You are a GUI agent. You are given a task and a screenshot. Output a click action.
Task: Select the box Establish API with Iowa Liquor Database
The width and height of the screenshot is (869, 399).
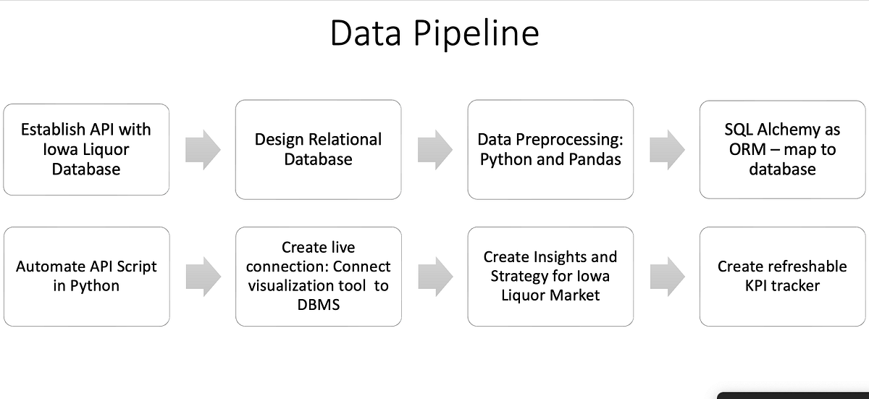coord(86,149)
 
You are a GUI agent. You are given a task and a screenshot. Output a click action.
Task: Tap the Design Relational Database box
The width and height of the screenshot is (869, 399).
coord(318,149)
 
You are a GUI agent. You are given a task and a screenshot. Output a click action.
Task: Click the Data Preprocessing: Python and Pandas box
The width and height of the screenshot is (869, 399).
coord(550,149)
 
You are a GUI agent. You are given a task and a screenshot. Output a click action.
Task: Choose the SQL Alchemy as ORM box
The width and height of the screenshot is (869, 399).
coord(783,149)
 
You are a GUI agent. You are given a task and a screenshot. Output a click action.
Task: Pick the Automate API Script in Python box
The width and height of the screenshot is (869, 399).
coord(86,276)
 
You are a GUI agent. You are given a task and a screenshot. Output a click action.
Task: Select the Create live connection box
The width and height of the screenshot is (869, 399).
coord(318,276)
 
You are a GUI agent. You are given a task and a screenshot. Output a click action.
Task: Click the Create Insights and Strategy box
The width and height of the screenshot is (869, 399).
coord(550,276)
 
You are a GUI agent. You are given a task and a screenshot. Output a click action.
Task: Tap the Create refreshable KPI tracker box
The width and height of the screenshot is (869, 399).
coord(783,276)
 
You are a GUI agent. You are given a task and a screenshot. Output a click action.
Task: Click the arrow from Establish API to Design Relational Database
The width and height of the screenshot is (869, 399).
coord(203,149)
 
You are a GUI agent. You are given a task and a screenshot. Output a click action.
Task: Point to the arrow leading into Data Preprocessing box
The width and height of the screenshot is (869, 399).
coord(434,149)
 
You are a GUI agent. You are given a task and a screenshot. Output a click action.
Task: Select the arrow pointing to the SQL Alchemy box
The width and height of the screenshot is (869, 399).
coord(667,149)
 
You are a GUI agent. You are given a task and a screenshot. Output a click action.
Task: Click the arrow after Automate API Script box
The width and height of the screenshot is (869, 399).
coord(203,276)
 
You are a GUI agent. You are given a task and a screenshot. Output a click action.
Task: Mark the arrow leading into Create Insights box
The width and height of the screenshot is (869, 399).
coord(434,276)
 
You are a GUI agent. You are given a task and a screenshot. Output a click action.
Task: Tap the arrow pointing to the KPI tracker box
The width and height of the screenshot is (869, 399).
coord(667,276)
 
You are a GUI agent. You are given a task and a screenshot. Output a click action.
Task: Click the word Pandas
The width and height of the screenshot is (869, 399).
coord(595,159)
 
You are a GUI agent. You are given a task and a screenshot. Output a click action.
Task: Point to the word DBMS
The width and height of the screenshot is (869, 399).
coord(319,305)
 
